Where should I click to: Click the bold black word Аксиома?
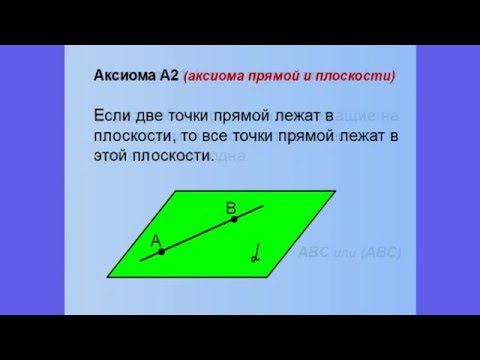coord(120,74)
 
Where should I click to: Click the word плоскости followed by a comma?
coord(134,138)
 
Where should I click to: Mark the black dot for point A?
coord(161,252)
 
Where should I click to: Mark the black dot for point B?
coord(235,220)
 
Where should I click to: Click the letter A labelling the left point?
coord(155,240)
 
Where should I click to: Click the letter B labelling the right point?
coord(230,207)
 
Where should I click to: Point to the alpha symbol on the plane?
coord(253,255)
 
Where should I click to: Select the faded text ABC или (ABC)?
coord(351,253)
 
